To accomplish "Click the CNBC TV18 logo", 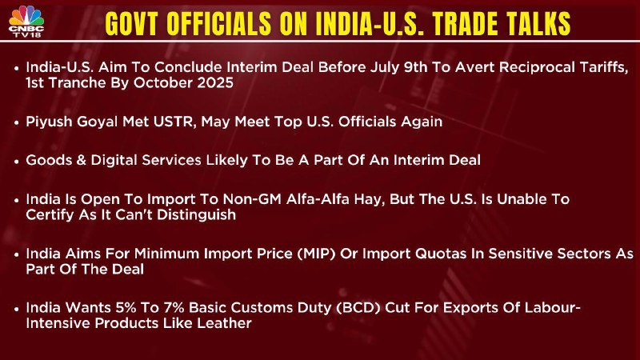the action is tap(26, 22).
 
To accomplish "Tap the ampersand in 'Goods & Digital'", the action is tap(82, 160).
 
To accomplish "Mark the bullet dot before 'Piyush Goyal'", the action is tap(16, 122).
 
